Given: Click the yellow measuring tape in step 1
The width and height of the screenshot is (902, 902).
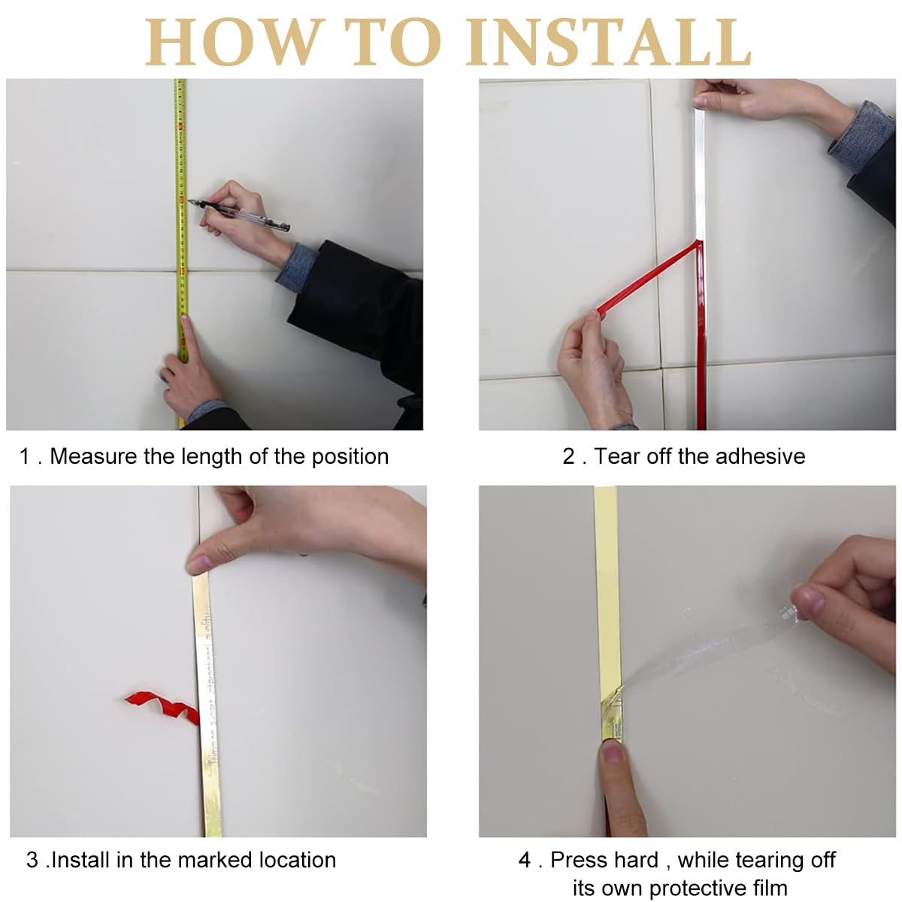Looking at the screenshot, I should coord(180,150).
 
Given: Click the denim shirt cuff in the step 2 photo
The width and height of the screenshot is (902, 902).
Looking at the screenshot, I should coord(857,135).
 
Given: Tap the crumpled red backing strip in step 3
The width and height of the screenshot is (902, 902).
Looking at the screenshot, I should coord(162,705).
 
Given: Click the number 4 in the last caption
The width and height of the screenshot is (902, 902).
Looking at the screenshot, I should coord(525,860).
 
